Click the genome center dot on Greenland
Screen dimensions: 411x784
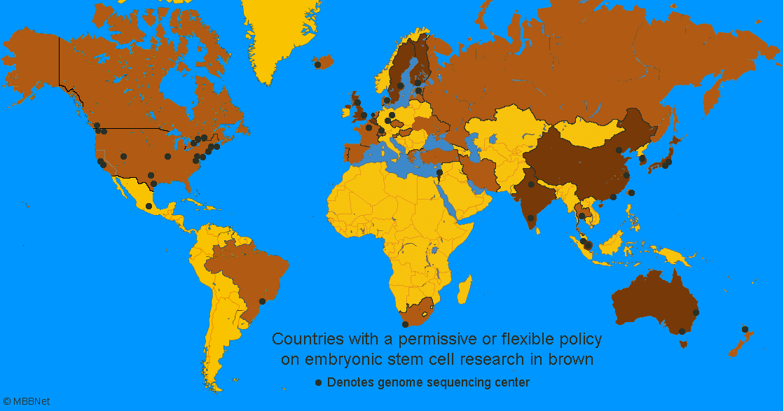[x=318, y=64]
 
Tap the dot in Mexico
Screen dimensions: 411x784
[x=149, y=206]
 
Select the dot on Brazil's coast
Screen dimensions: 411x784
[x=263, y=301]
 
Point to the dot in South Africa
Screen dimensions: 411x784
[x=405, y=324]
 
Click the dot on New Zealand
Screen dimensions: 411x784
[x=745, y=329]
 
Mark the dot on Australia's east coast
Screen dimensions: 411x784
[x=696, y=312]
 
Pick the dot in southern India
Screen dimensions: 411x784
[x=531, y=218]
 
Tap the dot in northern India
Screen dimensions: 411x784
[x=532, y=184]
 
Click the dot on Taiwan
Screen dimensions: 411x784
[x=631, y=193]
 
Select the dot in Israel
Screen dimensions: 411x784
[x=439, y=172]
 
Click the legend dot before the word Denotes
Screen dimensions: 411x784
[x=319, y=382]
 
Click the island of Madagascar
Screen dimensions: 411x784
[x=463, y=287]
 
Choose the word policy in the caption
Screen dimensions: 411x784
[x=578, y=340]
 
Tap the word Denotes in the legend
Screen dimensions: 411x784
[x=350, y=382]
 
